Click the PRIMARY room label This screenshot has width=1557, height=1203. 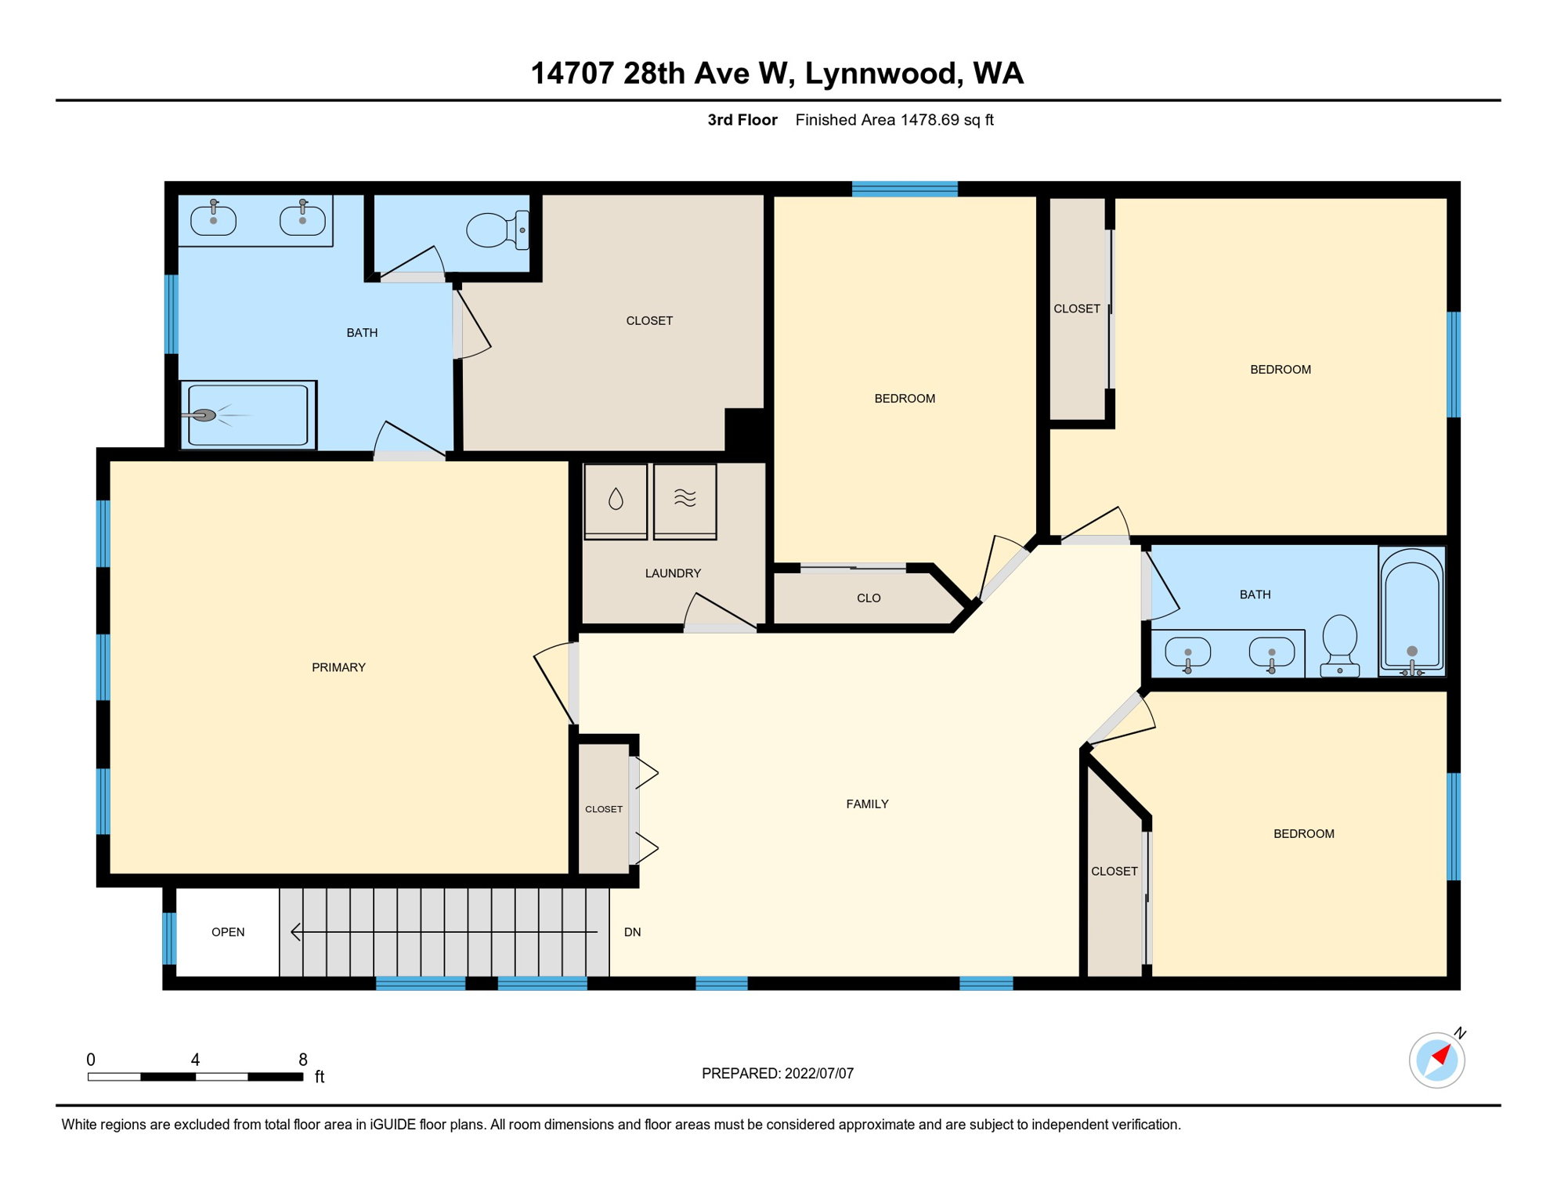[x=338, y=667]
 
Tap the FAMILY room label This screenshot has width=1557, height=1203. [x=867, y=804]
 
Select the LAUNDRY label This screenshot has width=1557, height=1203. [x=672, y=573]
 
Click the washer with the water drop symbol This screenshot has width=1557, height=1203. [x=616, y=500]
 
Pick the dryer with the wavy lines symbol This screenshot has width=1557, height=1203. [x=685, y=500]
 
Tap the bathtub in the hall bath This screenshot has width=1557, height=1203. [x=1411, y=611]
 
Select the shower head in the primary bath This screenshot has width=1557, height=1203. [x=204, y=415]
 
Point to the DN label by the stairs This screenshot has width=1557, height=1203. [x=632, y=932]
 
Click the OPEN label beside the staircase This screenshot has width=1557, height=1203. [x=228, y=932]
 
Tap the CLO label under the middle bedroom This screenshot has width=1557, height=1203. [x=868, y=598]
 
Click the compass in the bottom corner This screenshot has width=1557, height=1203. [x=1436, y=1060]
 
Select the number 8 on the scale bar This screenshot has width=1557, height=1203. [x=303, y=1060]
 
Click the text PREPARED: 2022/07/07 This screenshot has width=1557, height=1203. [x=777, y=1074]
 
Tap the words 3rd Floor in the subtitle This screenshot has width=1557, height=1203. [x=742, y=120]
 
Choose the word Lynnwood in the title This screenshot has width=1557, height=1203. [x=880, y=74]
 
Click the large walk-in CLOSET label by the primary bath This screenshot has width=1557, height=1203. [x=648, y=321]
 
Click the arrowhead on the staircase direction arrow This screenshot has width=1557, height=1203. [x=294, y=932]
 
